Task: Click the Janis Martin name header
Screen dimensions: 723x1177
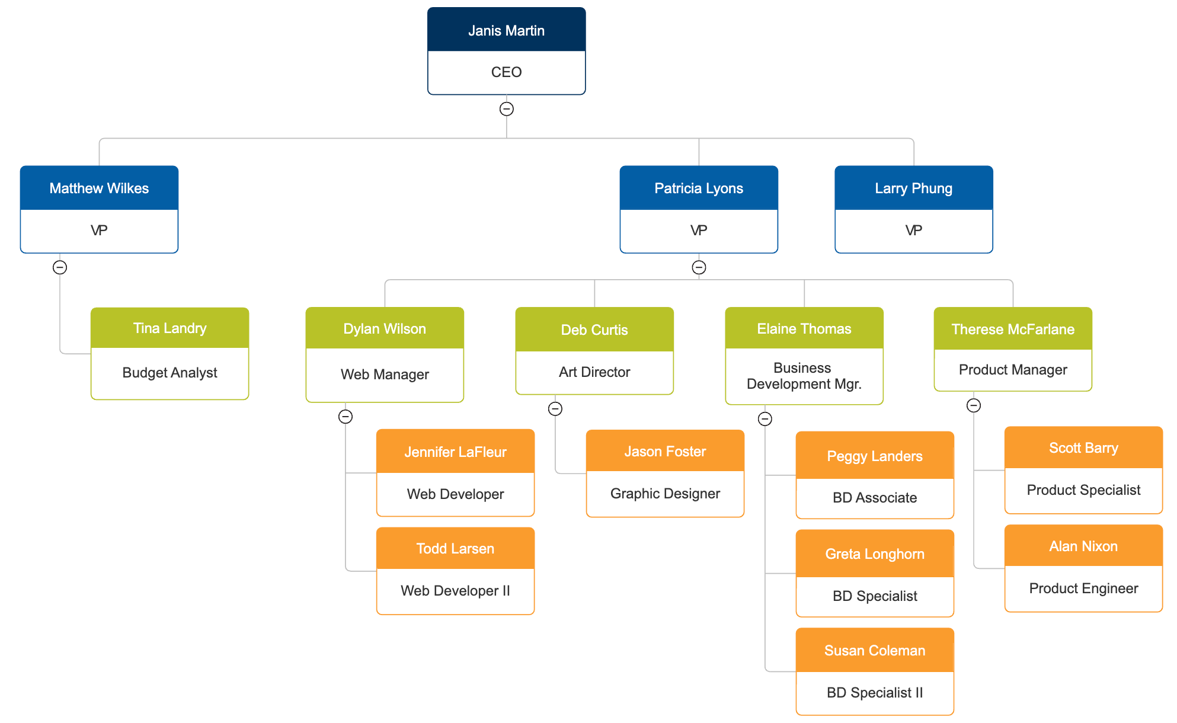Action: [x=506, y=30]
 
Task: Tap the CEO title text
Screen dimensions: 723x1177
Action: [x=506, y=72]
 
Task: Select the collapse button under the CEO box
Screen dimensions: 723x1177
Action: [x=506, y=109]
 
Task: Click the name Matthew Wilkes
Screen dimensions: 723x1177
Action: [x=99, y=188]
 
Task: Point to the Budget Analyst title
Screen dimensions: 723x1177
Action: [x=169, y=373]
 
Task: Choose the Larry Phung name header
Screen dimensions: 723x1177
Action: [x=913, y=188]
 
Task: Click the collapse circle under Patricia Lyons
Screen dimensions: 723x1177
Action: [x=699, y=267]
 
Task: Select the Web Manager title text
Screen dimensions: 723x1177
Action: [x=385, y=375]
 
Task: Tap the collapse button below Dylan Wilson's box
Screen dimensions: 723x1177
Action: [x=346, y=417]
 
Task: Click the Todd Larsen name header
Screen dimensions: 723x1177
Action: [x=455, y=549]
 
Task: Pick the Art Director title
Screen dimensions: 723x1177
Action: [x=594, y=372]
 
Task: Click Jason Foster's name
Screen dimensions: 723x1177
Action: [x=665, y=452]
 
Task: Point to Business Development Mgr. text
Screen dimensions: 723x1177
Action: [x=804, y=376]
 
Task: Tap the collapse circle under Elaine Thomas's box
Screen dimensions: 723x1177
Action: [x=765, y=419]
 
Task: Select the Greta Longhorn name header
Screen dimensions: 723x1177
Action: [x=875, y=554]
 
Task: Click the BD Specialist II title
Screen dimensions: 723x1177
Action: [x=875, y=693]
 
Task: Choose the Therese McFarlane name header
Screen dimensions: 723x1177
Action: [x=1013, y=329]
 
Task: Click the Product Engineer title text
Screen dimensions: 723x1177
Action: [x=1083, y=588]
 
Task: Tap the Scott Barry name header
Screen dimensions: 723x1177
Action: [x=1083, y=448]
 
